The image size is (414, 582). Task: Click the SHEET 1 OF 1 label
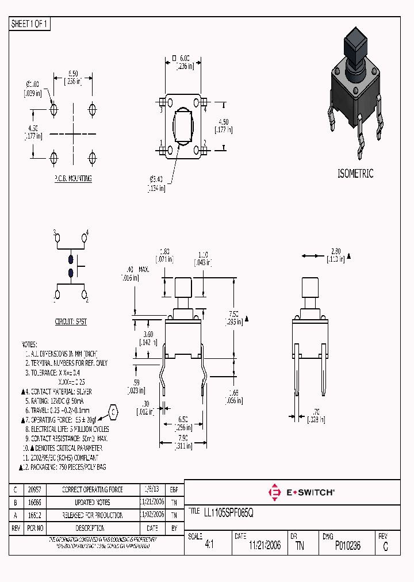[x=30, y=24]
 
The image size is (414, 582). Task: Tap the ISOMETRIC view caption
[x=355, y=173]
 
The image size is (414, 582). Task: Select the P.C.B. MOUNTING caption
[x=73, y=179]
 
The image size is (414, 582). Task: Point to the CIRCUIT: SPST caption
[x=71, y=322]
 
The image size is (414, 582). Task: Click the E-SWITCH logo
[x=301, y=492]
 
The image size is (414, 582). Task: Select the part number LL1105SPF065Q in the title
[x=229, y=512]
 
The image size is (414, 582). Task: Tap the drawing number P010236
[x=347, y=546]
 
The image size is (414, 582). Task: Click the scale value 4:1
[x=209, y=546]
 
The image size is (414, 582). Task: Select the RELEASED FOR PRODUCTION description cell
[x=93, y=515]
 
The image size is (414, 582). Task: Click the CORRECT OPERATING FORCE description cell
[x=93, y=489]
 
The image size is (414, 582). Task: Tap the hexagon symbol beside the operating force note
[x=114, y=412]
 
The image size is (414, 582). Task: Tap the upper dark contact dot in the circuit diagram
[x=71, y=259]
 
